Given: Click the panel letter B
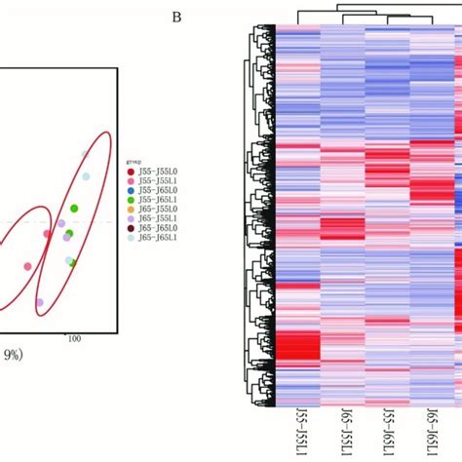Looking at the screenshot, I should [176, 17].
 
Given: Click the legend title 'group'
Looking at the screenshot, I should [135, 164].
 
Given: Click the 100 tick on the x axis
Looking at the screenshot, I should [72, 337].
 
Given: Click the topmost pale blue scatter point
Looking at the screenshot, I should [86, 176].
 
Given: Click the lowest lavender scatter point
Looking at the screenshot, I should [40, 302].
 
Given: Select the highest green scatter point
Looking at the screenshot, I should [74, 209].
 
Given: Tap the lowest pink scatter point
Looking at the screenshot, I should [27, 266].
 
